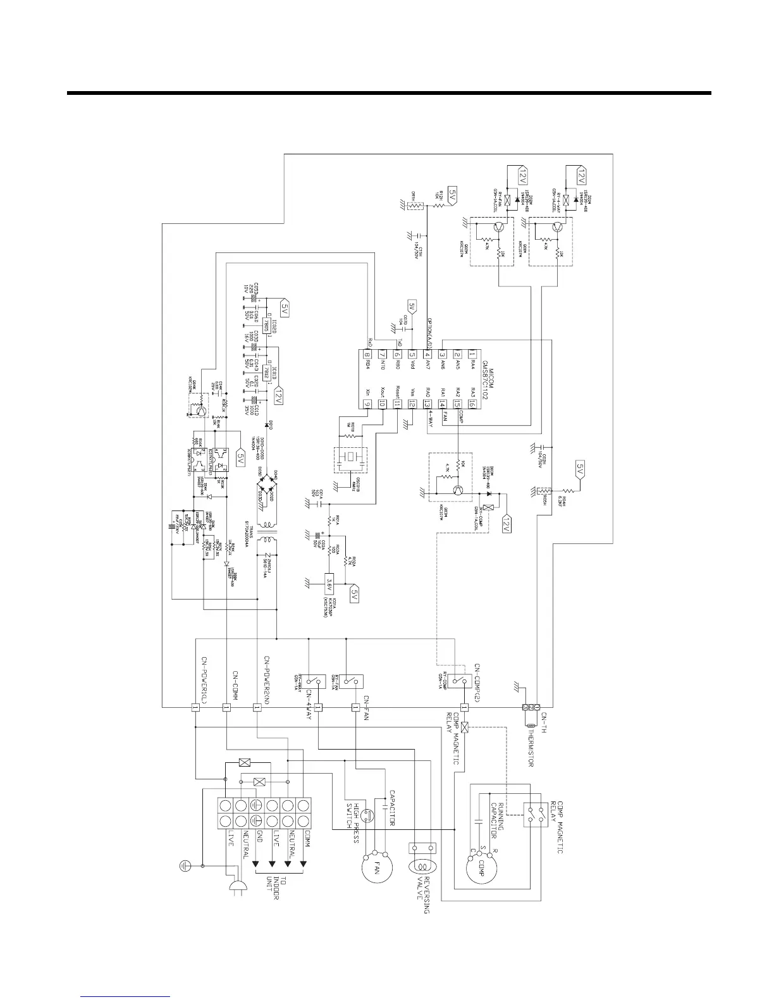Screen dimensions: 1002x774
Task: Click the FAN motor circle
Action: (x=377, y=865)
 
